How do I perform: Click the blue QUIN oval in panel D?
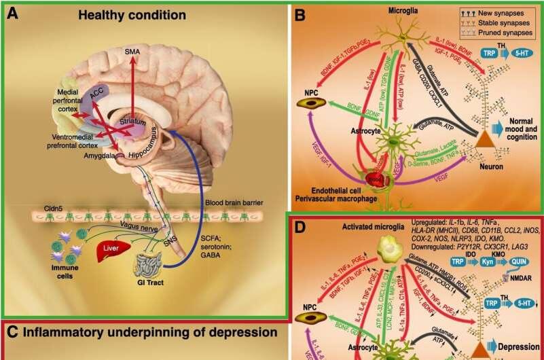point(523,262)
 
